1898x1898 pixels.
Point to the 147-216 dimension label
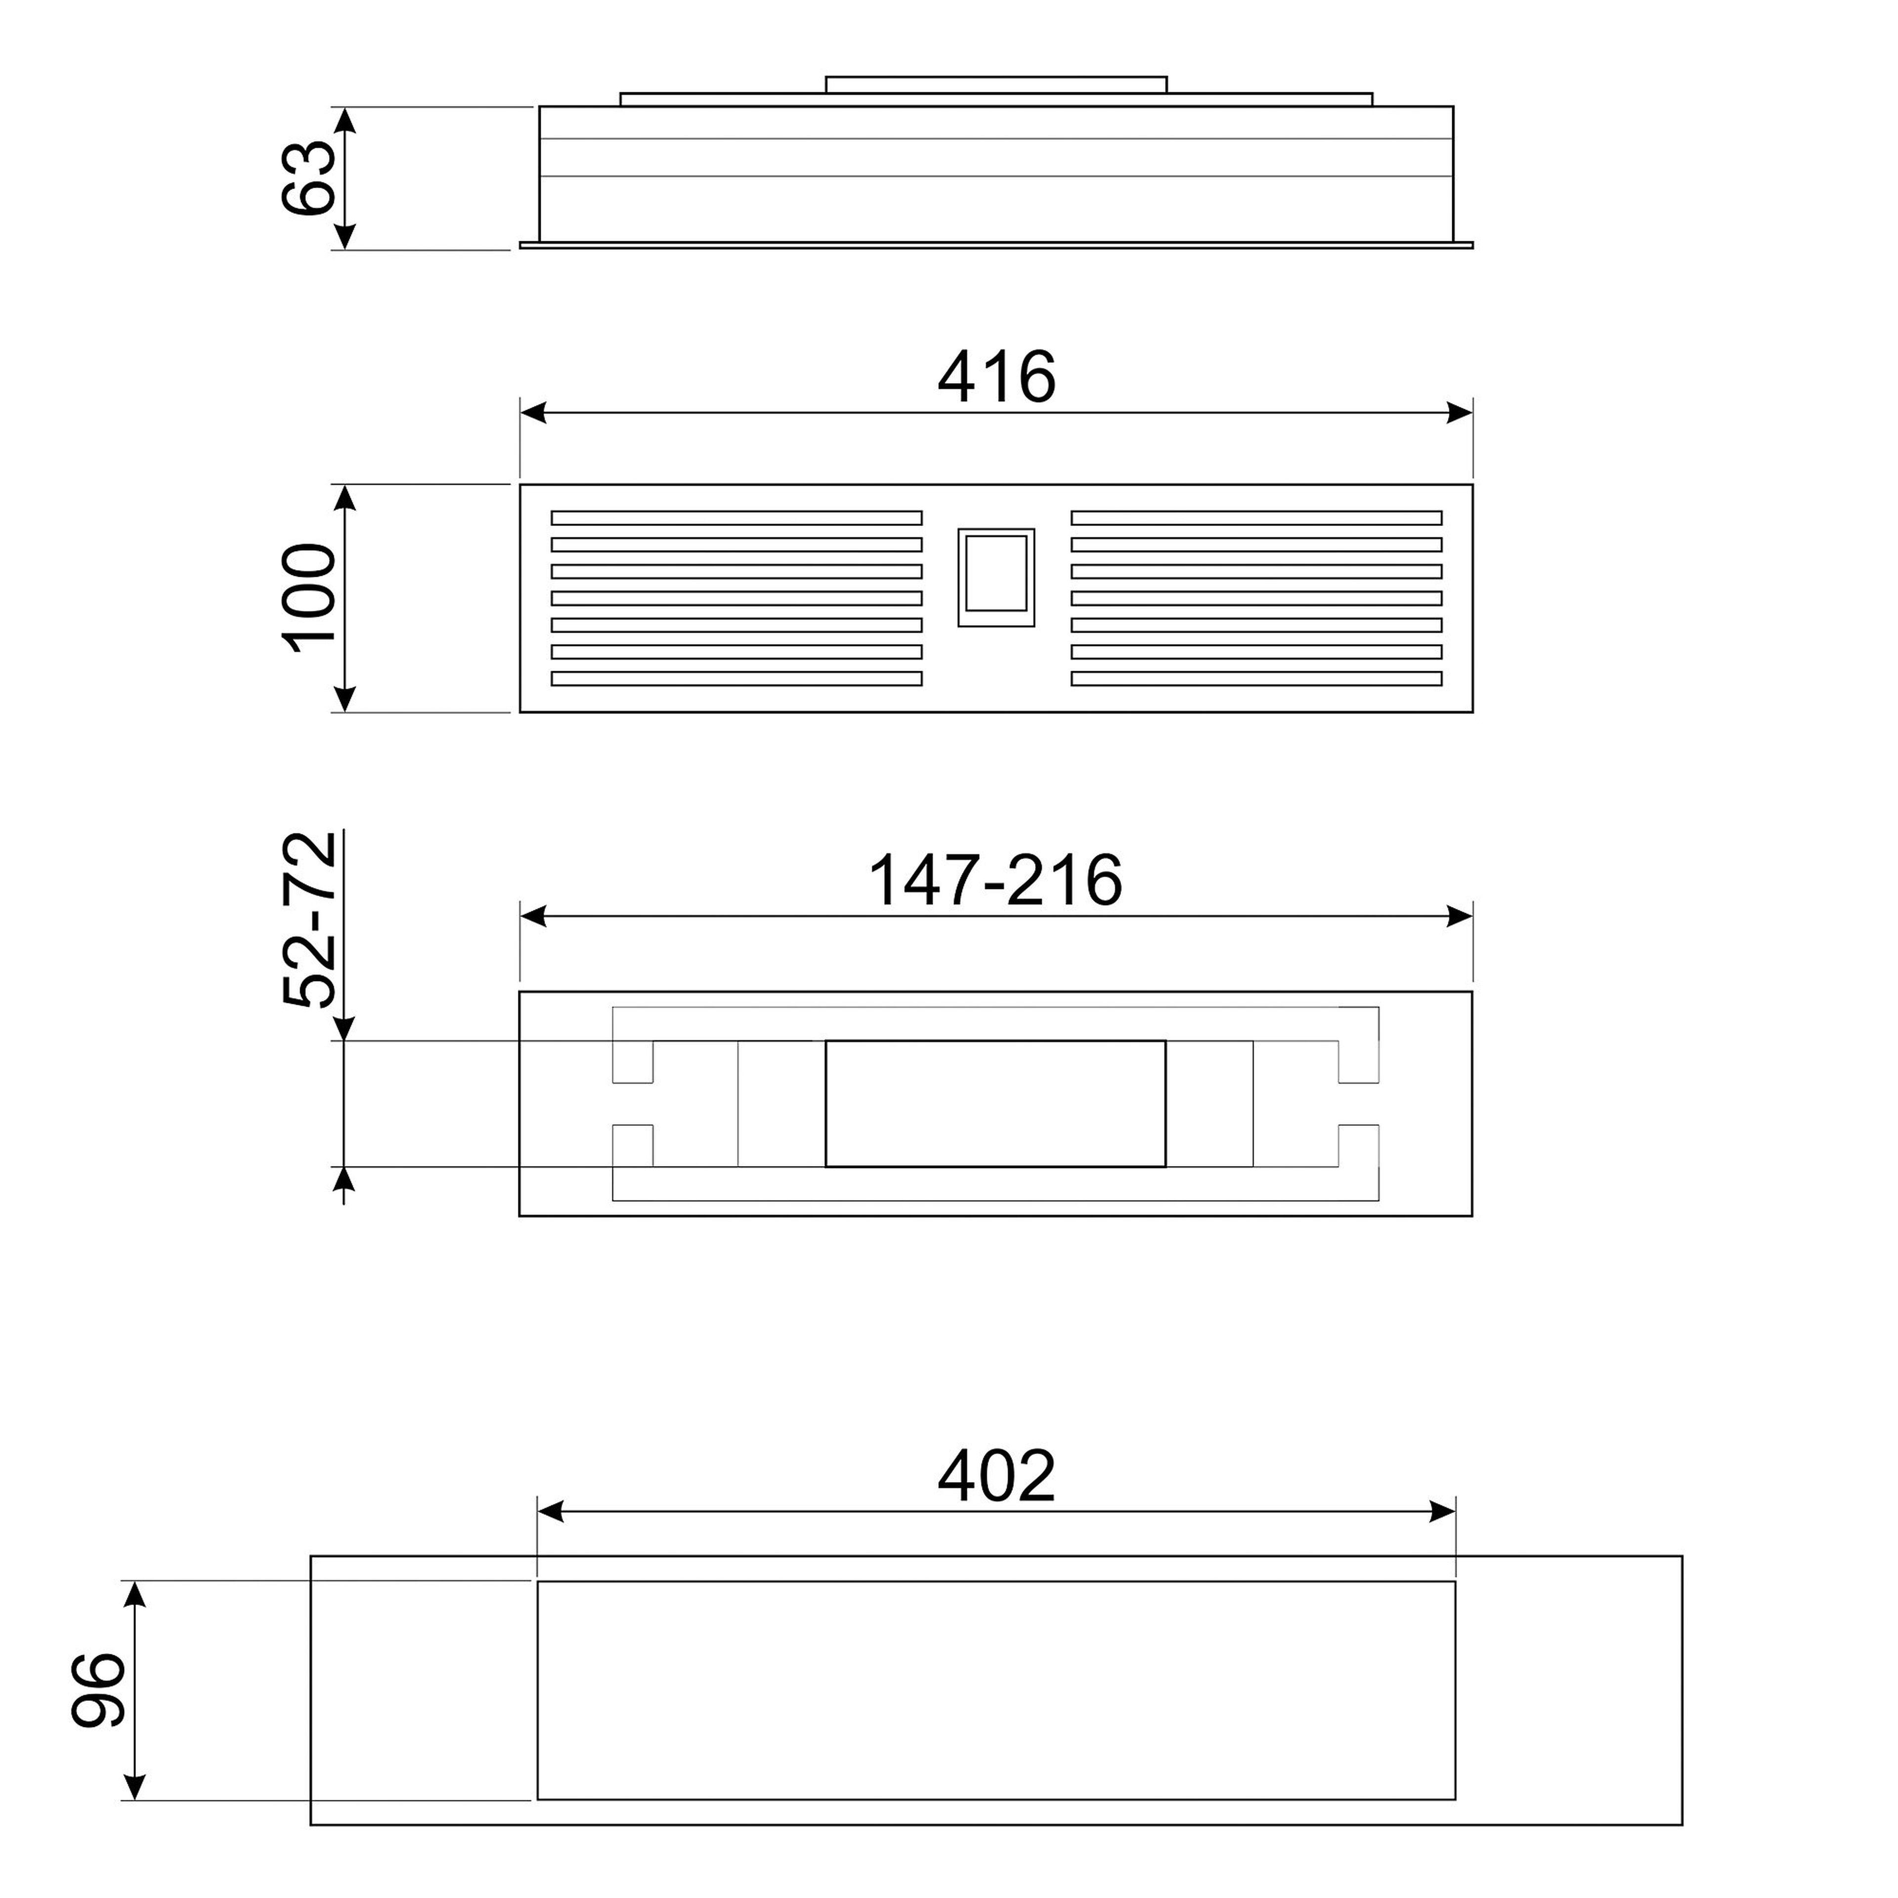coord(995,880)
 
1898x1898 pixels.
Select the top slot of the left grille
coord(737,518)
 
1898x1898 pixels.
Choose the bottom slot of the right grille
coord(1256,678)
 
